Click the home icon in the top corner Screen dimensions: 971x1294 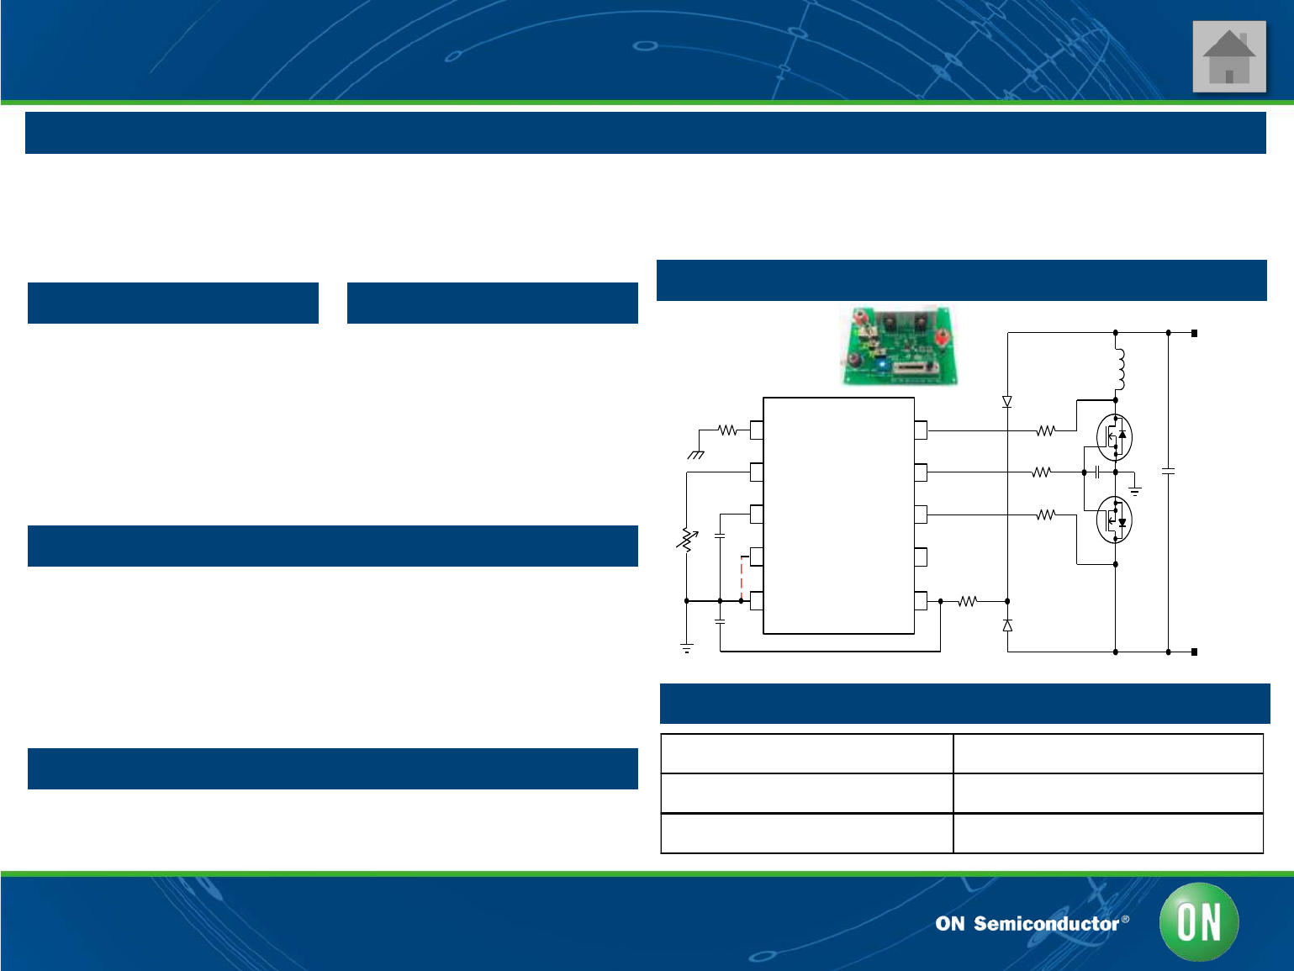coord(1228,57)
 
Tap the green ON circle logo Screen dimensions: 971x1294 coord(1198,922)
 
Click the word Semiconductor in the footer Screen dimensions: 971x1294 coord(1046,924)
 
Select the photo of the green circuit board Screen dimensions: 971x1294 coord(901,346)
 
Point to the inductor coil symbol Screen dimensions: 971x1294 coord(1119,368)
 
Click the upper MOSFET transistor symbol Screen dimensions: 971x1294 coord(1115,437)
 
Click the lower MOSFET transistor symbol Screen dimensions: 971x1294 coord(1115,520)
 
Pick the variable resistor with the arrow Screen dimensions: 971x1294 coord(687,540)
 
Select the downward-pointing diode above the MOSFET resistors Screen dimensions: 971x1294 coord(1007,402)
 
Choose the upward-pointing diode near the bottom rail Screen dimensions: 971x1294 coord(1007,625)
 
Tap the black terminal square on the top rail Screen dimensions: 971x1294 coord(1194,334)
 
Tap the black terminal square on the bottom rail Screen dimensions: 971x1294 coord(1194,652)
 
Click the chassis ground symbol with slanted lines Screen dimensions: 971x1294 coord(696,455)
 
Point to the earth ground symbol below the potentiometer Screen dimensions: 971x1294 coord(687,648)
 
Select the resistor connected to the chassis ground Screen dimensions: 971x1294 coord(727,430)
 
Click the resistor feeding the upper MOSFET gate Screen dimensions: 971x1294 coord(1045,430)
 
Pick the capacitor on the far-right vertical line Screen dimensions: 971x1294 coord(1168,472)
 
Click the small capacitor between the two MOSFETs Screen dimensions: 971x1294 coord(1098,472)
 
